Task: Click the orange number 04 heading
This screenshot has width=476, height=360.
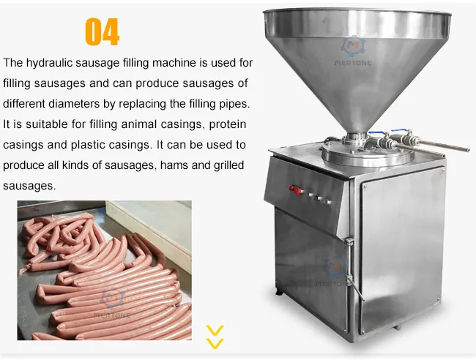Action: pos(102,31)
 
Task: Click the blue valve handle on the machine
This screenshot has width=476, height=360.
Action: pos(380,133)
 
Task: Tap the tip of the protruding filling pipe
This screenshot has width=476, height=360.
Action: pos(466,150)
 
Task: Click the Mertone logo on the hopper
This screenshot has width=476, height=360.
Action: pos(357,50)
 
